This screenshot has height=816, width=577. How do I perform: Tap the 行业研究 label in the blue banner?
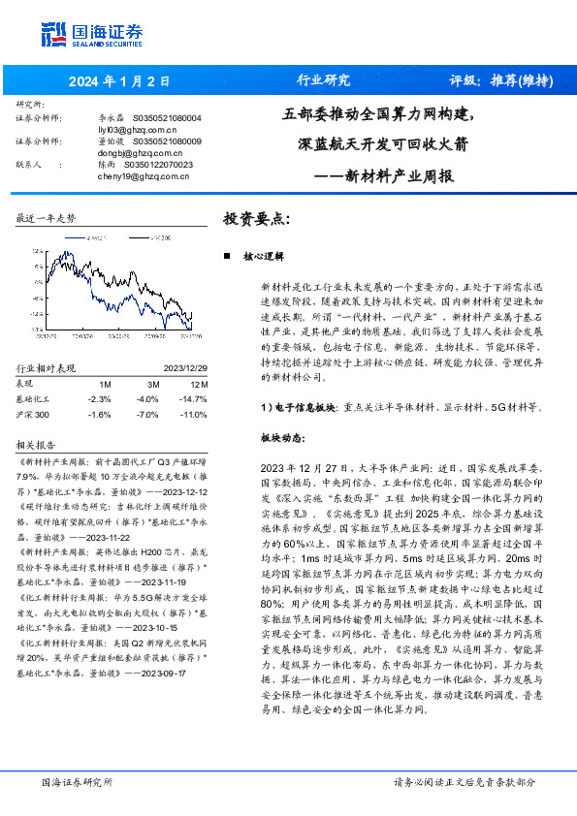click(322, 80)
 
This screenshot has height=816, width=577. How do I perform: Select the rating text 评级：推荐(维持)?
click(502, 80)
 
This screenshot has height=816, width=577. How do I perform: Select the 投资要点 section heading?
click(256, 219)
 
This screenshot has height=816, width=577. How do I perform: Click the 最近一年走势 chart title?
click(47, 220)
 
